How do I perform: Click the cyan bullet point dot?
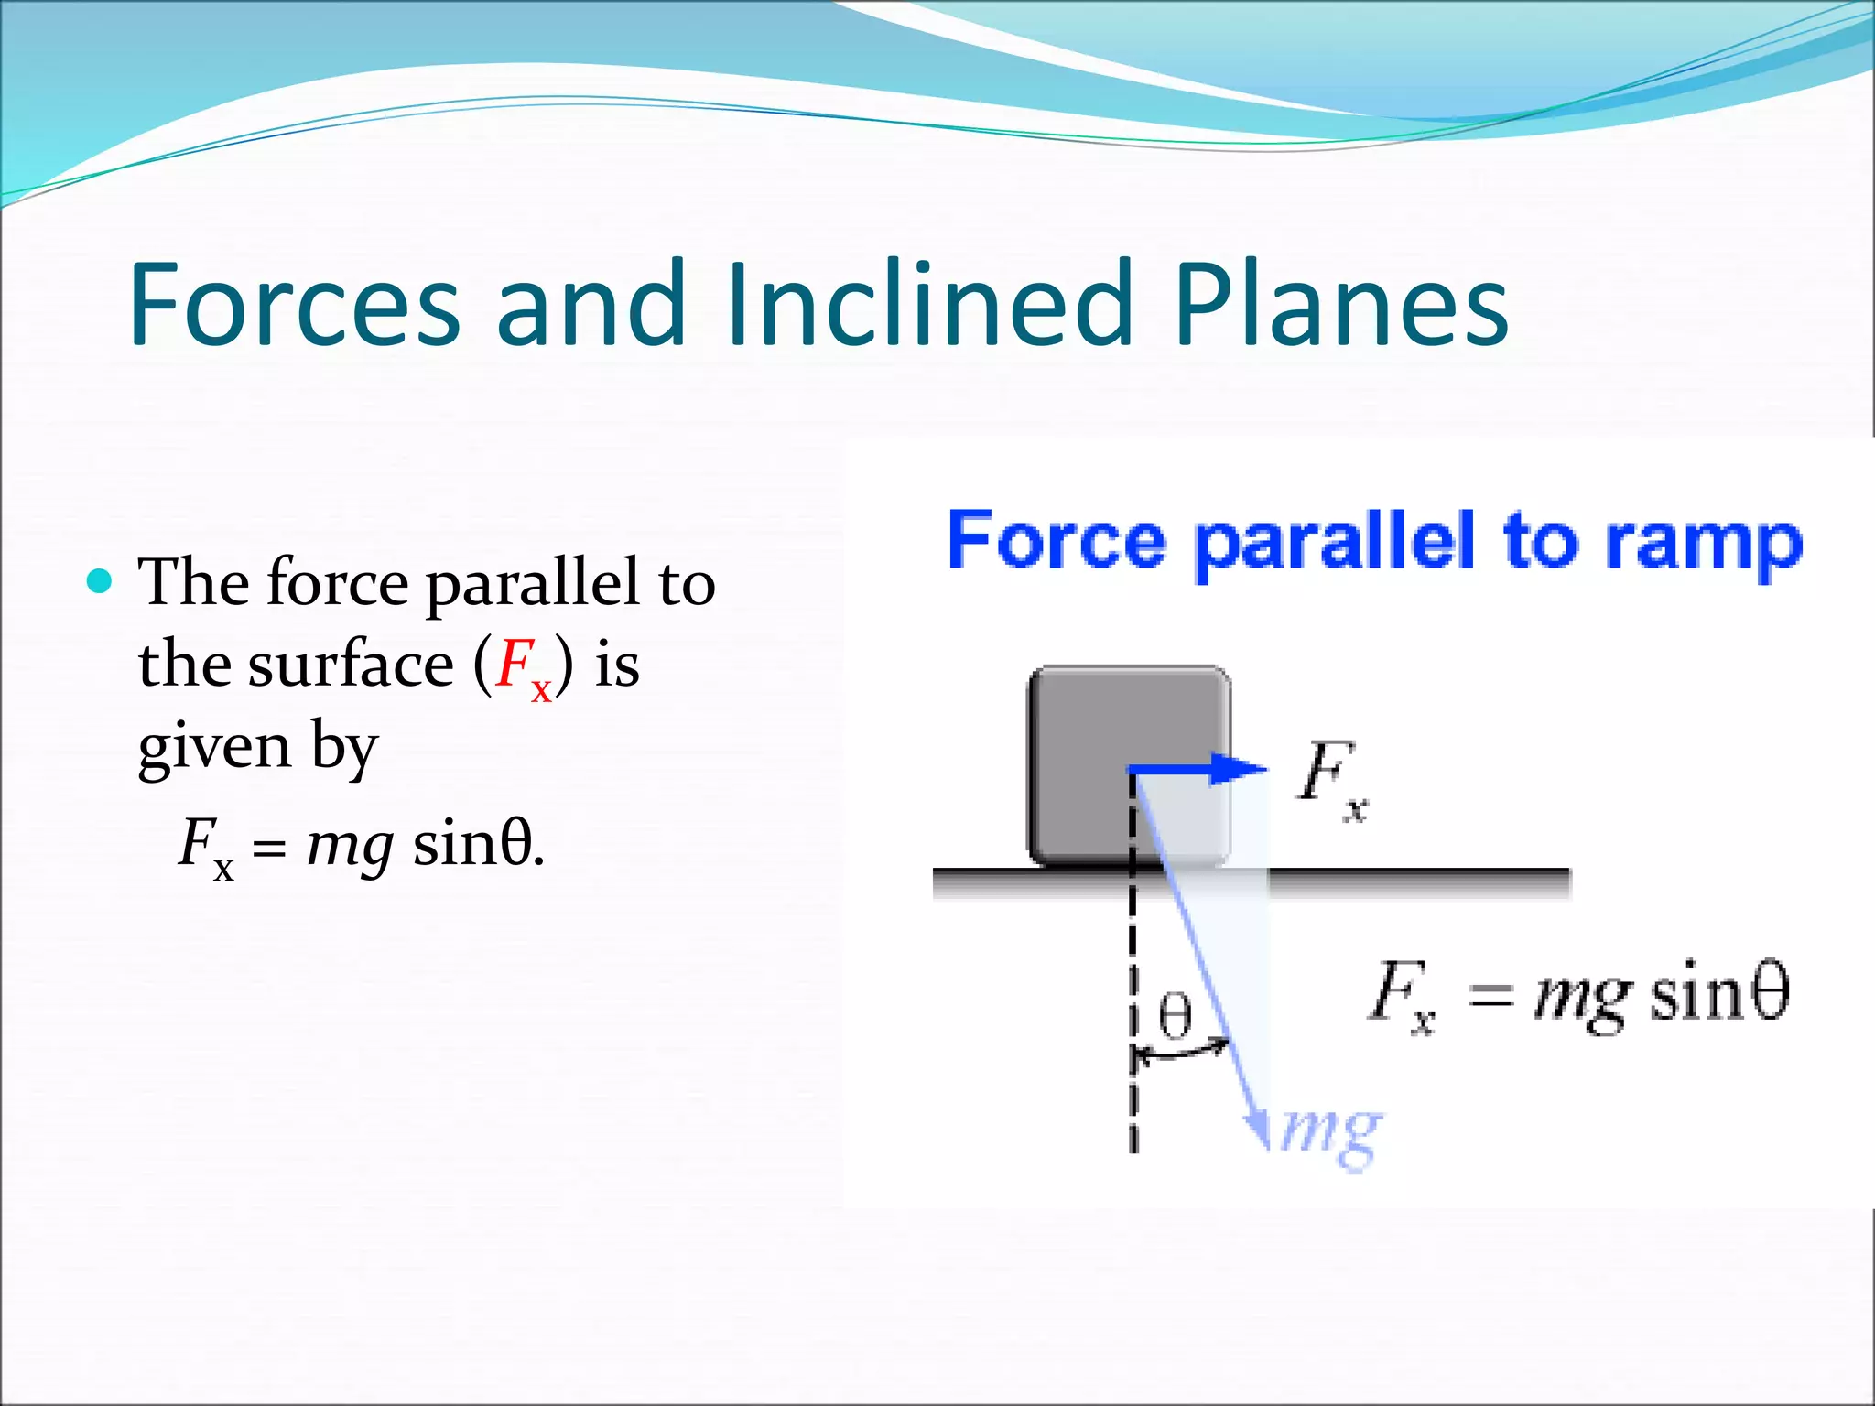click(99, 581)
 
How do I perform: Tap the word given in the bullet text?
click(214, 749)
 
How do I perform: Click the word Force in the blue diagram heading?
click(1056, 541)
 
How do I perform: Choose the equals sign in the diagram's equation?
click(1490, 996)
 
